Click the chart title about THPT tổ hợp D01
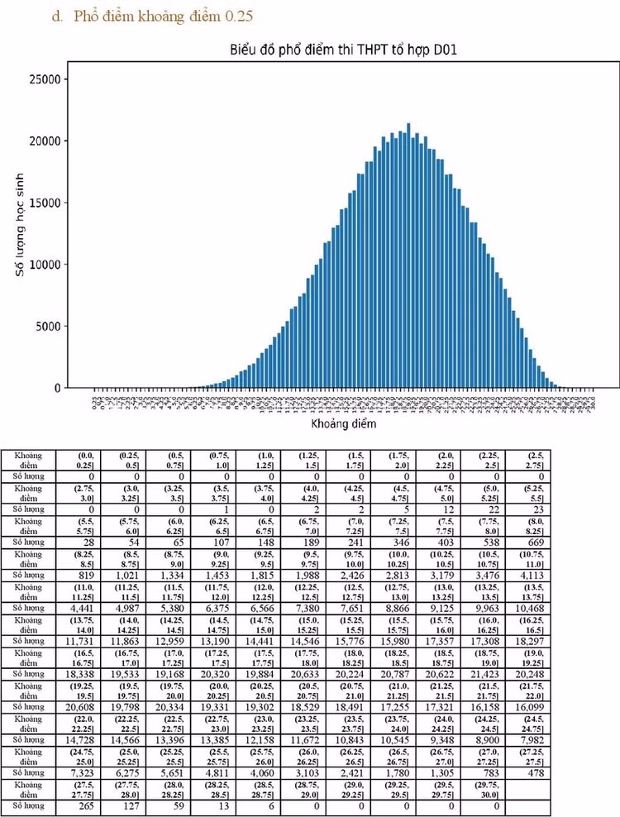pos(343,51)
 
